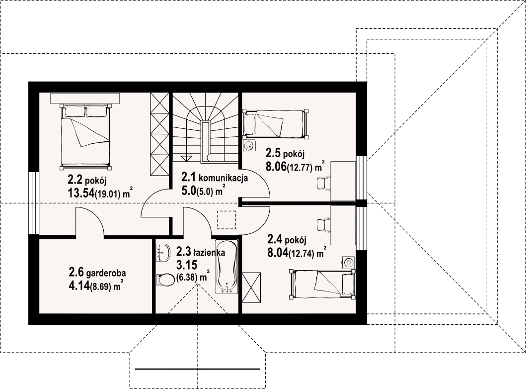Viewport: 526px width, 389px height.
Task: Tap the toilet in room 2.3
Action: pyautogui.click(x=163, y=280)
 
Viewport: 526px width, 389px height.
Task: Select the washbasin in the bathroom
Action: pyautogui.click(x=163, y=252)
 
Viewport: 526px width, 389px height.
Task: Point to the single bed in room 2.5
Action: pyautogui.click(x=276, y=124)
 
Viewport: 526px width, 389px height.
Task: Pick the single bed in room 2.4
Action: pyautogui.click(x=322, y=284)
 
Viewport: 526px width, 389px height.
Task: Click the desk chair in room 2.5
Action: pyautogui.click(x=323, y=184)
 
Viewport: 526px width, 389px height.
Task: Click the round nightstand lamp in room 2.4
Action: pyautogui.click(x=349, y=262)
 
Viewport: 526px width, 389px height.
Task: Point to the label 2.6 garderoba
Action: pyautogui.click(x=97, y=272)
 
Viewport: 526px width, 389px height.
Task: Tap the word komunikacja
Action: pyautogui.click(x=223, y=178)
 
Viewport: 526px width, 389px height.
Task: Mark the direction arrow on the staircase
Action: pyautogui.click(x=185, y=159)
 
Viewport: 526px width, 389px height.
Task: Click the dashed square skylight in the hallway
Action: pyautogui.click(x=226, y=220)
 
